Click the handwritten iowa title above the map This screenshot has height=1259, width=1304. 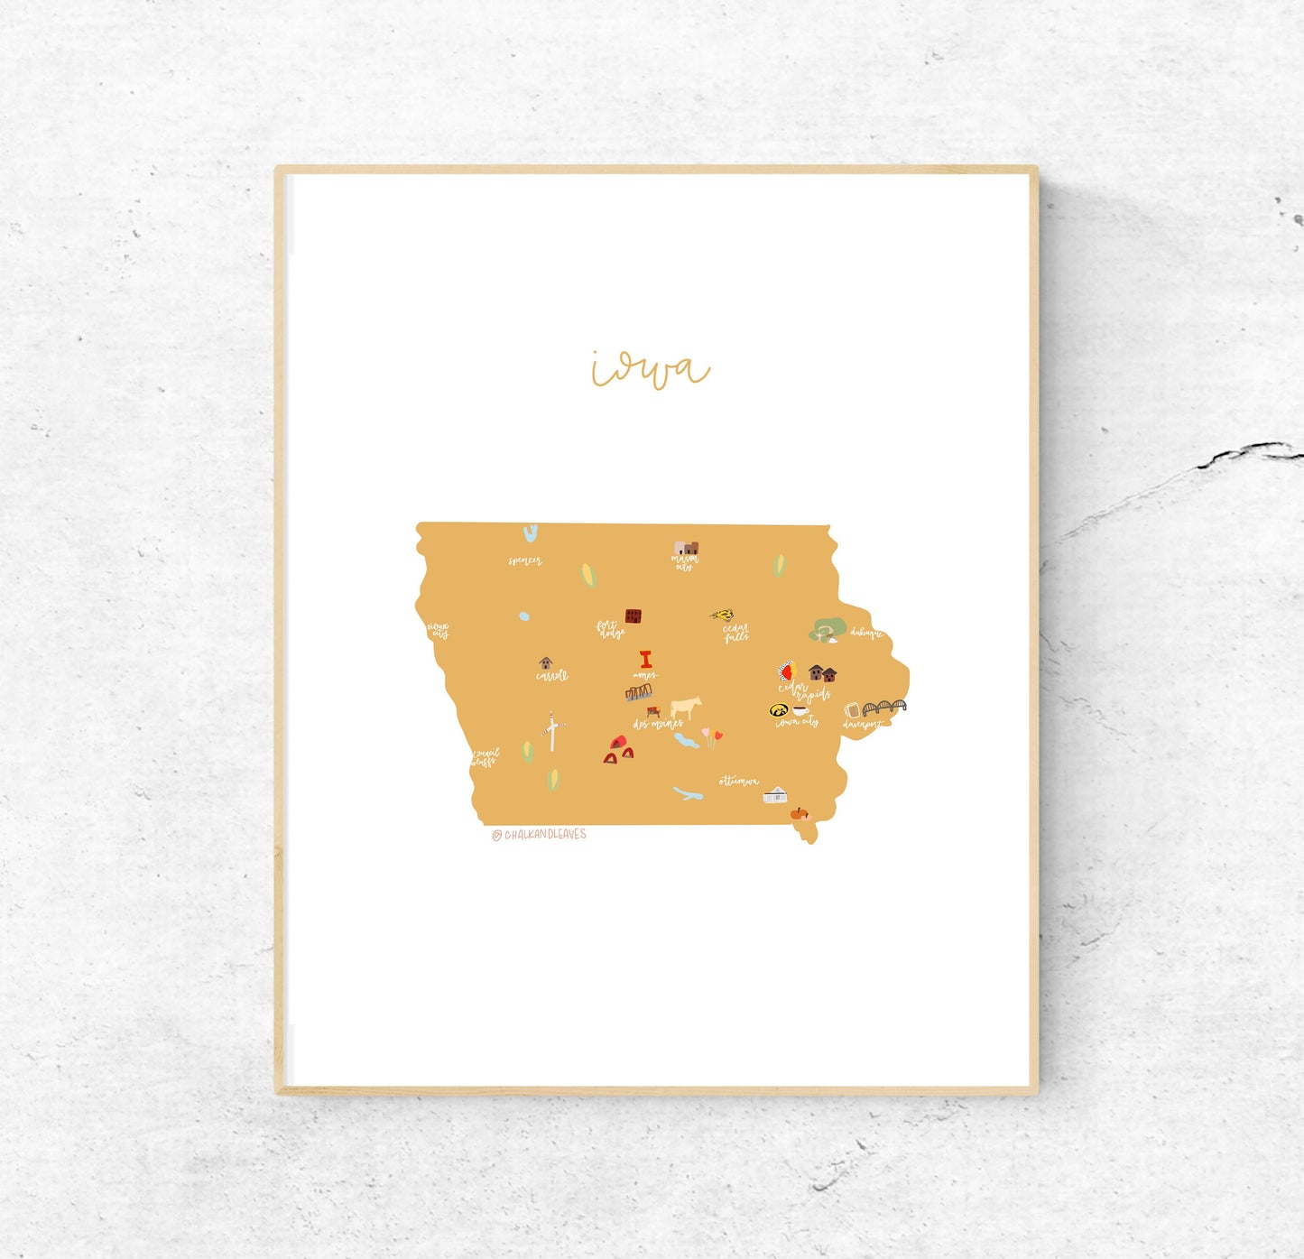pyautogui.click(x=650, y=369)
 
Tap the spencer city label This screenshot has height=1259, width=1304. pyautogui.click(x=524, y=561)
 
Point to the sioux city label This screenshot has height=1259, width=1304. pyautogui.click(x=439, y=630)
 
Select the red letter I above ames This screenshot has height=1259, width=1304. pyautogui.click(x=645, y=660)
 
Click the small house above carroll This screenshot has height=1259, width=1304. pyautogui.click(x=545, y=663)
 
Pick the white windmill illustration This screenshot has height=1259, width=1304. pyautogui.click(x=552, y=730)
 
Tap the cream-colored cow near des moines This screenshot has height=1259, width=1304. pyautogui.click(x=686, y=707)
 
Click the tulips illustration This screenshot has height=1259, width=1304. pyautogui.click(x=713, y=736)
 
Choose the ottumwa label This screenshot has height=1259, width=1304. pyautogui.click(x=738, y=781)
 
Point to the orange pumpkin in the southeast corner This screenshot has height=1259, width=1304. pyautogui.click(x=799, y=813)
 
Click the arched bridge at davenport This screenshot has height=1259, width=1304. pyautogui.click(x=884, y=707)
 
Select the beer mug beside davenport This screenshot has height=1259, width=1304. pyautogui.click(x=851, y=710)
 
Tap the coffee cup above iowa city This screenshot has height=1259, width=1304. pyautogui.click(x=800, y=710)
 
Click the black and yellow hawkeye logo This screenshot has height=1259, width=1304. pyautogui.click(x=778, y=710)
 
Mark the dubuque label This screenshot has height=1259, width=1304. pyautogui.click(x=866, y=633)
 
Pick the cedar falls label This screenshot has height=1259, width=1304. pyautogui.click(x=735, y=633)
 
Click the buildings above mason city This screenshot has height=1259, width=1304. pyautogui.click(x=686, y=549)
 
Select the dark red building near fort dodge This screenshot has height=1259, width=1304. pyautogui.click(x=634, y=616)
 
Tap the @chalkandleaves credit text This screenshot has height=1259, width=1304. pyautogui.click(x=540, y=835)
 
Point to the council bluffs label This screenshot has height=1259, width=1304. pyautogui.click(x=484, y=757)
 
